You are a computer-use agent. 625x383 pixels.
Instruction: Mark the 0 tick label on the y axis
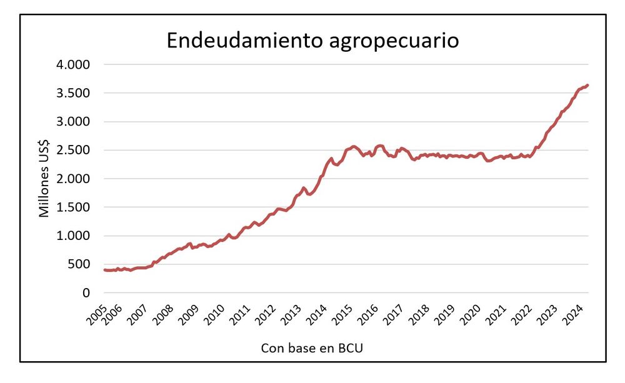[86, 293]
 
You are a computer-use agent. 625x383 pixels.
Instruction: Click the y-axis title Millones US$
[44, 179]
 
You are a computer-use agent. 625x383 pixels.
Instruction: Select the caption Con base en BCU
[312, 348]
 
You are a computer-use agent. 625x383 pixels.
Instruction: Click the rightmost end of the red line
[587, 85]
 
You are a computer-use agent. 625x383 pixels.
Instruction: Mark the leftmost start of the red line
[104, 270]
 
